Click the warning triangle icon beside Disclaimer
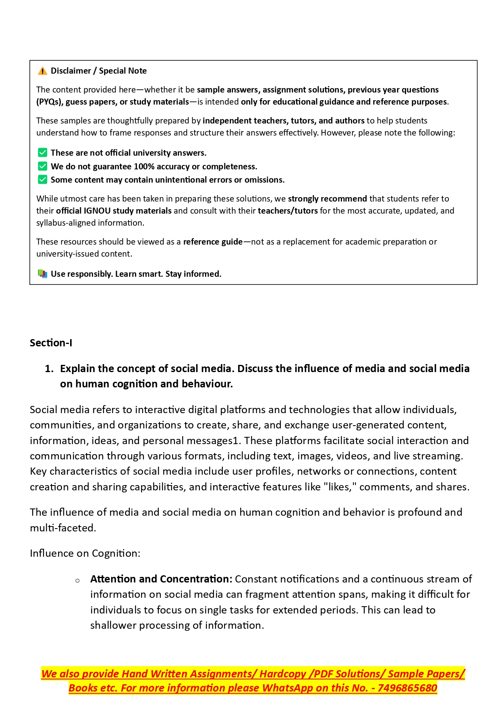[x=42, y=71]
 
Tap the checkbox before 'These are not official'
[x=42, y=153]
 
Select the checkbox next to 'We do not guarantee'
[x=42, y=166]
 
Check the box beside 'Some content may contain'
[x=42, y=179]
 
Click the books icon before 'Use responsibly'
[x=42, y=274]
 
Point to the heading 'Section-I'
[x=51, y=343]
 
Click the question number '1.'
[x=49, y=369]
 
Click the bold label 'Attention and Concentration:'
[x=161, y=579]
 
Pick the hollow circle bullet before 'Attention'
[x=77, y=580]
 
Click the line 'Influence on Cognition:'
[x=85, y=554]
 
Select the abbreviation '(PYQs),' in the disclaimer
[x=50, y=102]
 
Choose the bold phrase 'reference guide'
[x=213, y=242]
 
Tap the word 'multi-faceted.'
[x=63, y=528]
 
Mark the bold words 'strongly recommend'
[x=327, y=199]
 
